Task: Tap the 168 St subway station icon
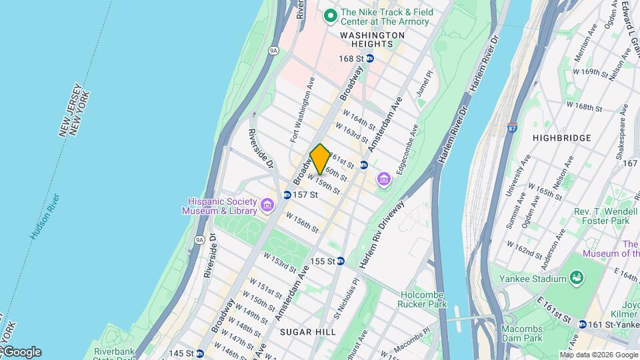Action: [370, 59]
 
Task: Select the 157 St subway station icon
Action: [287, 195]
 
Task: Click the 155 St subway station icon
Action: [340, 261]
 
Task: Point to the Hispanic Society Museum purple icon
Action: [267, 205]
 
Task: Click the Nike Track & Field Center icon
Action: [329, 15]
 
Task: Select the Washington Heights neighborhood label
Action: [371, 39]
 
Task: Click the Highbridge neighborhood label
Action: [562, 138]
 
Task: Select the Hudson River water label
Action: [45, 217]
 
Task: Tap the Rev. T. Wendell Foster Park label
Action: [602, 215]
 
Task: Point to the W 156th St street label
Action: [303, 222]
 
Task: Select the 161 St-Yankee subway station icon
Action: [583, 325]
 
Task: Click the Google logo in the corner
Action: [21, 352]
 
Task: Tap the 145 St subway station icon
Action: [199, 353]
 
